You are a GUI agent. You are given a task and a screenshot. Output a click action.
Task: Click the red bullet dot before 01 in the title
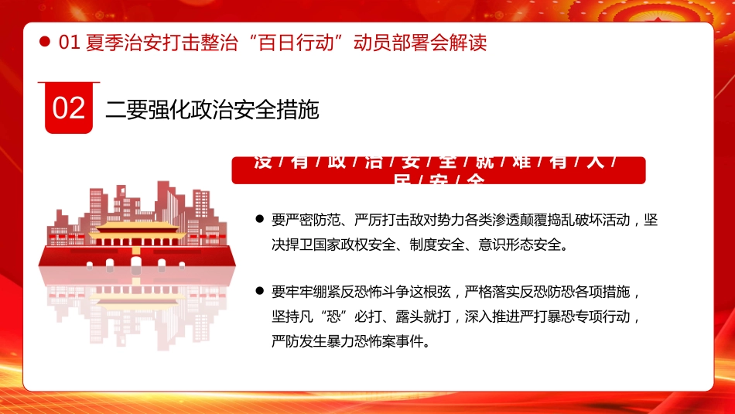45,43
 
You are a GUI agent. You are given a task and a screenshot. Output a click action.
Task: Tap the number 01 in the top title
70,43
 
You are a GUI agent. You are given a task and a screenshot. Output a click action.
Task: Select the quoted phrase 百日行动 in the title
292,43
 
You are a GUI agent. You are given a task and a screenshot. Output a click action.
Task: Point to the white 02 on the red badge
69,108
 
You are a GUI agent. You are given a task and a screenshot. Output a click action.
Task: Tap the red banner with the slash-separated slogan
438,170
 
